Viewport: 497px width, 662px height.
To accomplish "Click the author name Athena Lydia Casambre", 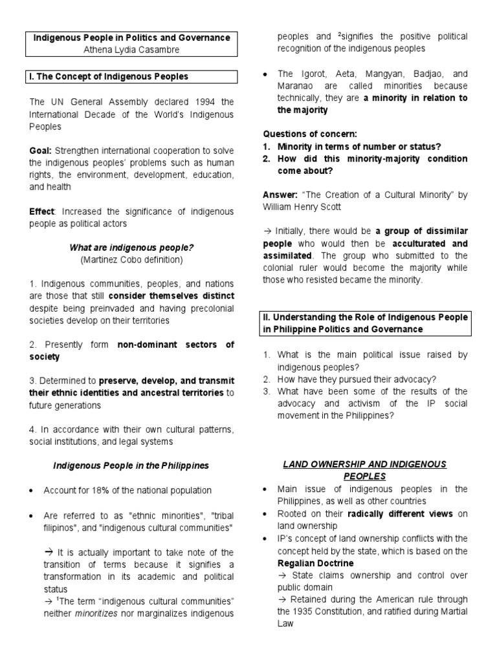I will pyautogui.click(x=132, y=49).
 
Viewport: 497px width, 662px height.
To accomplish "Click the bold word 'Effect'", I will pyautogui.click(x=42, y=211).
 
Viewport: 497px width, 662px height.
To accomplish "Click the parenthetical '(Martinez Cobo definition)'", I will pyautogui.click(x=132, y=260).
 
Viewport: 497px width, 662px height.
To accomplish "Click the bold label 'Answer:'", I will pyautogui.click(x=281, y=195).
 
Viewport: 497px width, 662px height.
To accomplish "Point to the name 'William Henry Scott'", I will pyautogui.click(x=302, y=208).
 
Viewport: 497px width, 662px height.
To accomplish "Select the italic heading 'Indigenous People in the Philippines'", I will pyautogui.click(x=131, y=465).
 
